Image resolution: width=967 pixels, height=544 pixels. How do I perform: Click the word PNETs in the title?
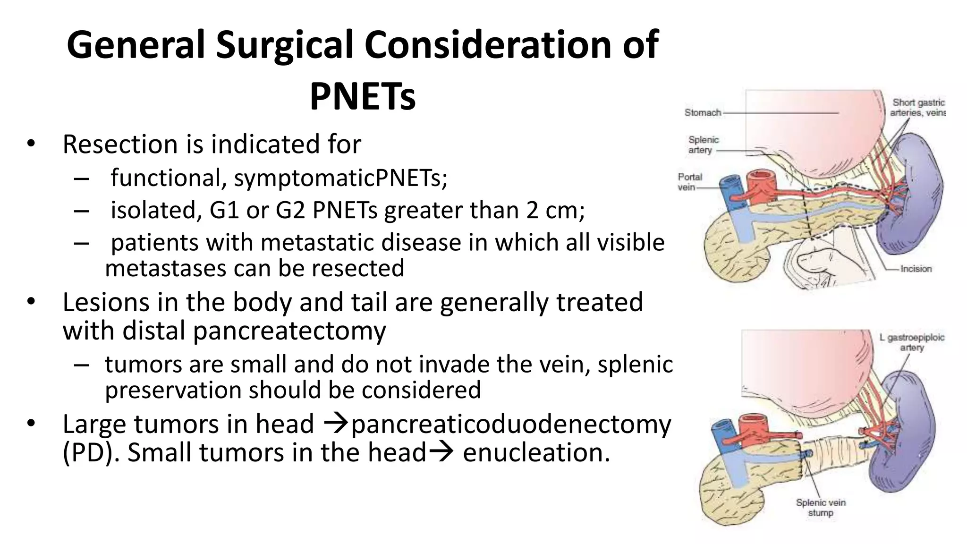click(362, 97)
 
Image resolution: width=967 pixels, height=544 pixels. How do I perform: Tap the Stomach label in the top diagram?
click(703, 113)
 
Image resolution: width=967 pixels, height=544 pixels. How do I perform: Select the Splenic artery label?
click(703, 145)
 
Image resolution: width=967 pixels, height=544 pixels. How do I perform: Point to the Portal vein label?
click(689, 182)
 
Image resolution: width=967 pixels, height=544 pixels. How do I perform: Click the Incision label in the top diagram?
click(916, 269)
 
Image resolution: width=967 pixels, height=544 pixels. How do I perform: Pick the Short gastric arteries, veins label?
click(917, 108)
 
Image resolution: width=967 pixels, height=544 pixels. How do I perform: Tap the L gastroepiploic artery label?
click(911, 342)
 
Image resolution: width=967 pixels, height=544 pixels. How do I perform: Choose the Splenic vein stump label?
click(821, 508)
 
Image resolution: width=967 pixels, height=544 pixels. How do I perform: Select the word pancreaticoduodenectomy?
click(511, 424)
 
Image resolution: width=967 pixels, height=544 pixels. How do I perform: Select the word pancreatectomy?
click(289, 331)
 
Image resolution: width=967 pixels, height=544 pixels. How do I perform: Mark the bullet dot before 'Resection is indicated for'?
click(31, 144)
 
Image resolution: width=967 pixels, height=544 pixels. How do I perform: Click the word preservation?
click(173, 391)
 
